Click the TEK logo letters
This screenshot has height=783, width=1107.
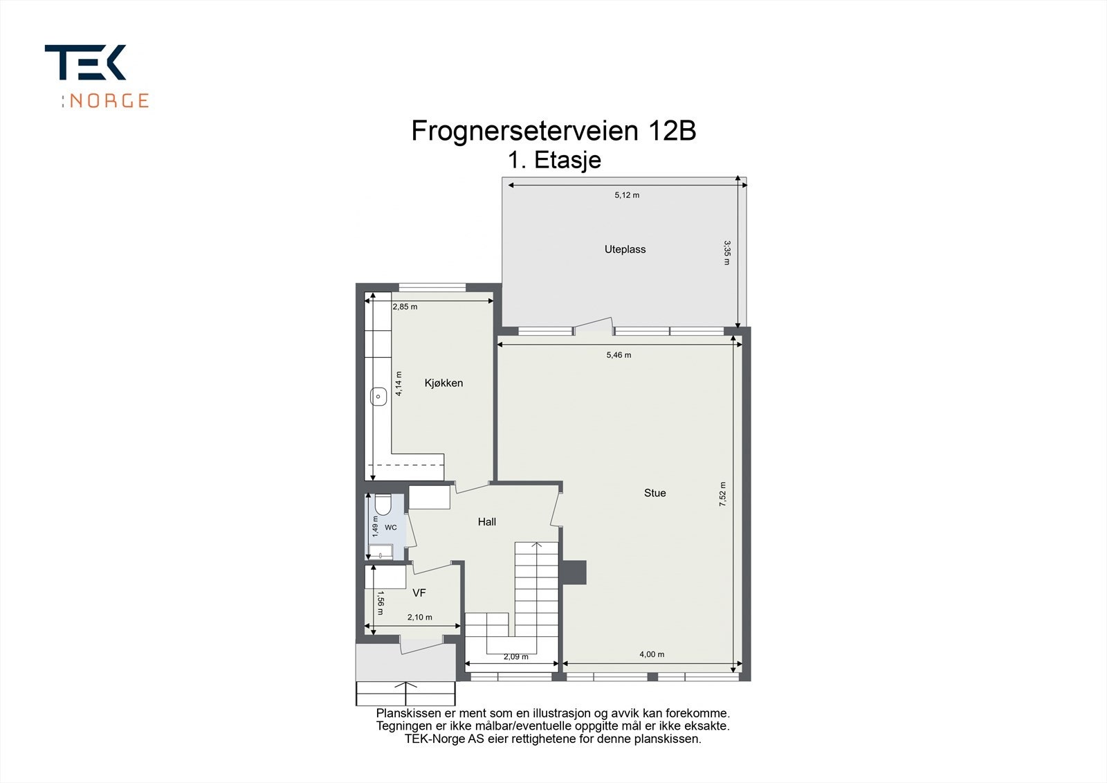[85, 63]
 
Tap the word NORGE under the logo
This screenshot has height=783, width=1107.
[109, 101]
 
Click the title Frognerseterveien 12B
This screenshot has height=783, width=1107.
[553, 131]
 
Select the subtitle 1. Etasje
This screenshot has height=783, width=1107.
[554, 161]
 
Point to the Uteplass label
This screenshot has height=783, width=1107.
[625, 249]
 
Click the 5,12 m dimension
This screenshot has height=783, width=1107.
[627, 195]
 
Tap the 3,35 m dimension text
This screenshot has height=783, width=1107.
[726, 253]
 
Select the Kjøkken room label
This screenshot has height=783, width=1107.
[443, 383]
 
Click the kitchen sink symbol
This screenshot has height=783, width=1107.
[378, 397]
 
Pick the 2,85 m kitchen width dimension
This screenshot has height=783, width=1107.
[405, 307]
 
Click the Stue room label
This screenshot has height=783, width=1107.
[655, 493]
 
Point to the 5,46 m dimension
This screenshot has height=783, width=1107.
[619, 355]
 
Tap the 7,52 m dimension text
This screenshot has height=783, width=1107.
[722, 495]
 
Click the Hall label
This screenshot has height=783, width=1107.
[486, 522]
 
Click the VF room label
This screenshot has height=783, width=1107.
[419, 593]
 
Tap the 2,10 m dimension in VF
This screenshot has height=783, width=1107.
[419, 618]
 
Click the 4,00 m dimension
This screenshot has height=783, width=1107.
[652, 654]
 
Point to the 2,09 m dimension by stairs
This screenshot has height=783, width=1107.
[515, 657]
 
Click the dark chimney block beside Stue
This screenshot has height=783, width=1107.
[574, 572]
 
